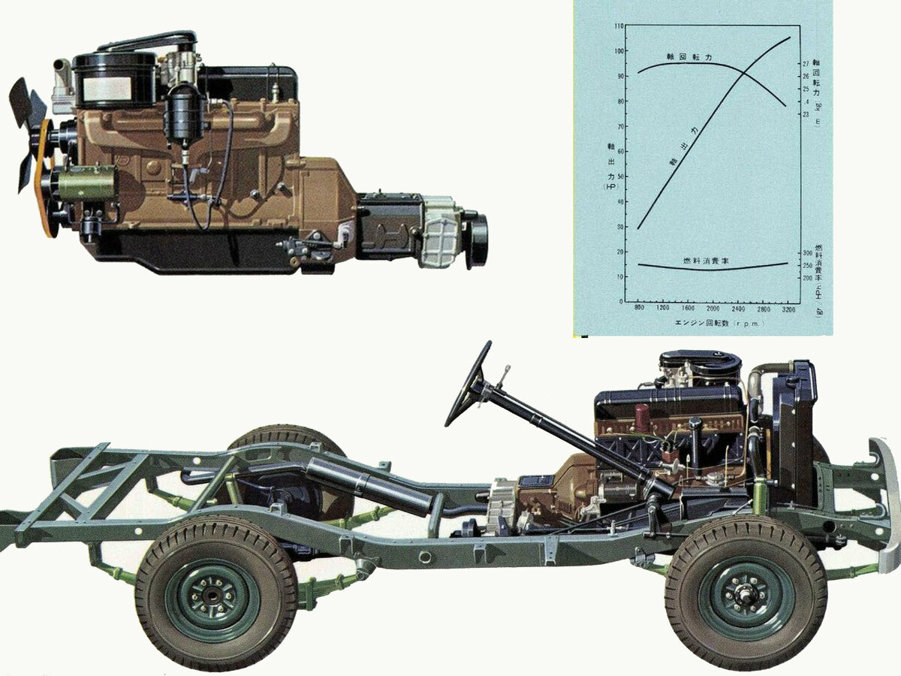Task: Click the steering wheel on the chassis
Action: (x=467, y=384)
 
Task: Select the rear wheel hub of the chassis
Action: (x=213, y=599)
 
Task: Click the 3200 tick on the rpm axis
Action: (x=788, y=309)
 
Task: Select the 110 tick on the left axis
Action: (x=618, y=26)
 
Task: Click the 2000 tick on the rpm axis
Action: (x=713, y=309)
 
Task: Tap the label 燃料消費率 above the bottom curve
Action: (x=707, y=260)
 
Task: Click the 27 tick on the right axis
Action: (x=806, y=64)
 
